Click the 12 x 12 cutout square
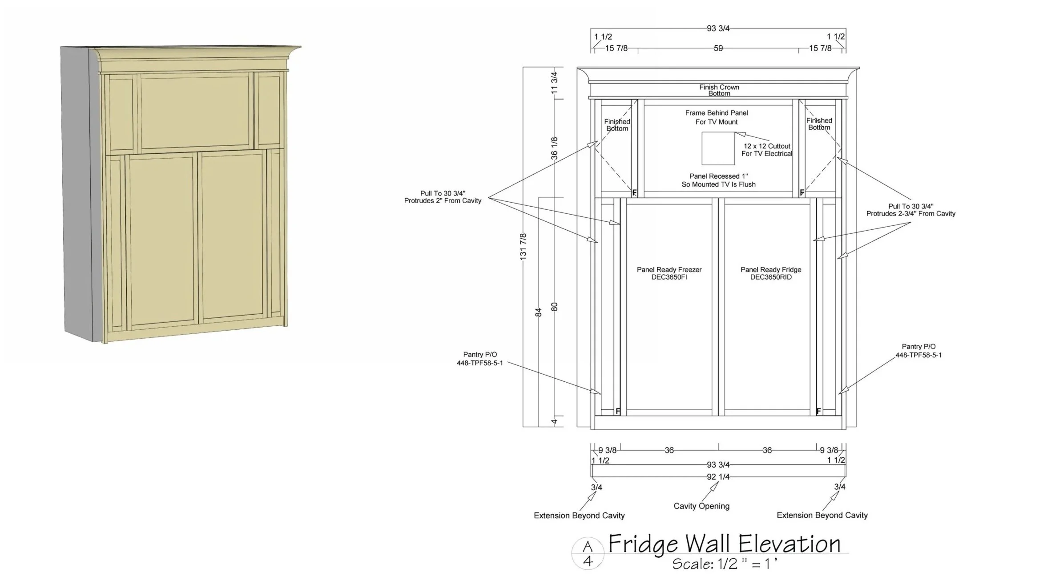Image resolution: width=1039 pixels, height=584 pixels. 718,148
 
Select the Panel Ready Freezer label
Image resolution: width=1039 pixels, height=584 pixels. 669,273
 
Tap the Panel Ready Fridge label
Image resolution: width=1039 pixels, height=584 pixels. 771,273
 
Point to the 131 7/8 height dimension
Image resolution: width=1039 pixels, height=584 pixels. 523,246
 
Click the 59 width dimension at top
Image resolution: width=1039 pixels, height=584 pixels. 718,48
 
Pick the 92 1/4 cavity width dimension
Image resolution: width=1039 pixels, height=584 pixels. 718,477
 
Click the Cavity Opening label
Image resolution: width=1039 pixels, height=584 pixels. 701,506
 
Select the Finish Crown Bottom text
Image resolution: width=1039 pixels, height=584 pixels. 719,90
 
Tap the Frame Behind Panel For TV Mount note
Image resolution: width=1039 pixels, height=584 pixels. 717,117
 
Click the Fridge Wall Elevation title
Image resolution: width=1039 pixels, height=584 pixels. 724,544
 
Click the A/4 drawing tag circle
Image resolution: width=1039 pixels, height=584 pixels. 588,554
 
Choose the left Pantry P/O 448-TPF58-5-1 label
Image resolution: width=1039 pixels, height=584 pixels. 479,359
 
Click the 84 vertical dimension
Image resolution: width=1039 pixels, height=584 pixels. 539,312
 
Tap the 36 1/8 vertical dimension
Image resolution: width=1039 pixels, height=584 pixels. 554,148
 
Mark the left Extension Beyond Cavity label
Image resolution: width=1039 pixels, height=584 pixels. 579,516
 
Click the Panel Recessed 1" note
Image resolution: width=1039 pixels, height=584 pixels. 718,180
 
